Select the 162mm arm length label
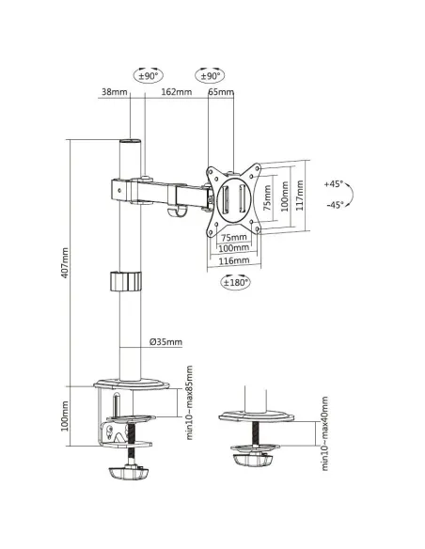click(x=176, y=92)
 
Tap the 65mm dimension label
click(x=221, y=92)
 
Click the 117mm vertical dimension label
click(x=300, y=198)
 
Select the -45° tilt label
click(x=334, y=204)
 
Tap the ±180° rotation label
click(x=237, y=281)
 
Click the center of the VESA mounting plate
click(x=230, y=198)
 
